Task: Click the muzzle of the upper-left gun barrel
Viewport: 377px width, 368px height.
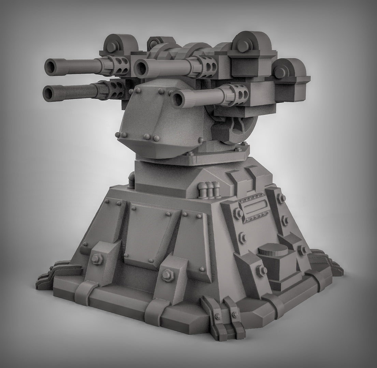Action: pos(51,66)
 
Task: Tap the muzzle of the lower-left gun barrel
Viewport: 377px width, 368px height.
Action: pos(49,93)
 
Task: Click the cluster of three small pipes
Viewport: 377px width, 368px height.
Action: pos(209,189)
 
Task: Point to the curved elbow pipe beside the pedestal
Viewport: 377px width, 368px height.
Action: pos(131,179)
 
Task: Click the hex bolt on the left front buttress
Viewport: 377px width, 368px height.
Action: pos(97,260)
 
